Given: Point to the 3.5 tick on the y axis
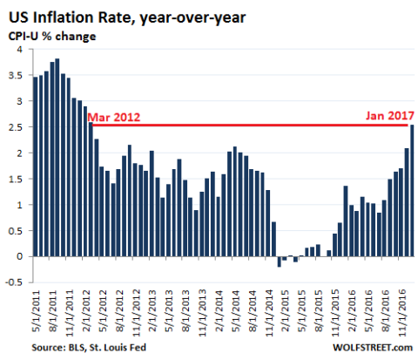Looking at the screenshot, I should click(15, 76).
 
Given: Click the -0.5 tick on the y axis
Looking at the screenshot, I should click(12, 282).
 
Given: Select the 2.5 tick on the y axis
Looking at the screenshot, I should click(15, 127).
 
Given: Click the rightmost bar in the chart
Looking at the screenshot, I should click(412, 190).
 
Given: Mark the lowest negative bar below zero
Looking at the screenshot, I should click(280, 262).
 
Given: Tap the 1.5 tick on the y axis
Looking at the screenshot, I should click(15, 179).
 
